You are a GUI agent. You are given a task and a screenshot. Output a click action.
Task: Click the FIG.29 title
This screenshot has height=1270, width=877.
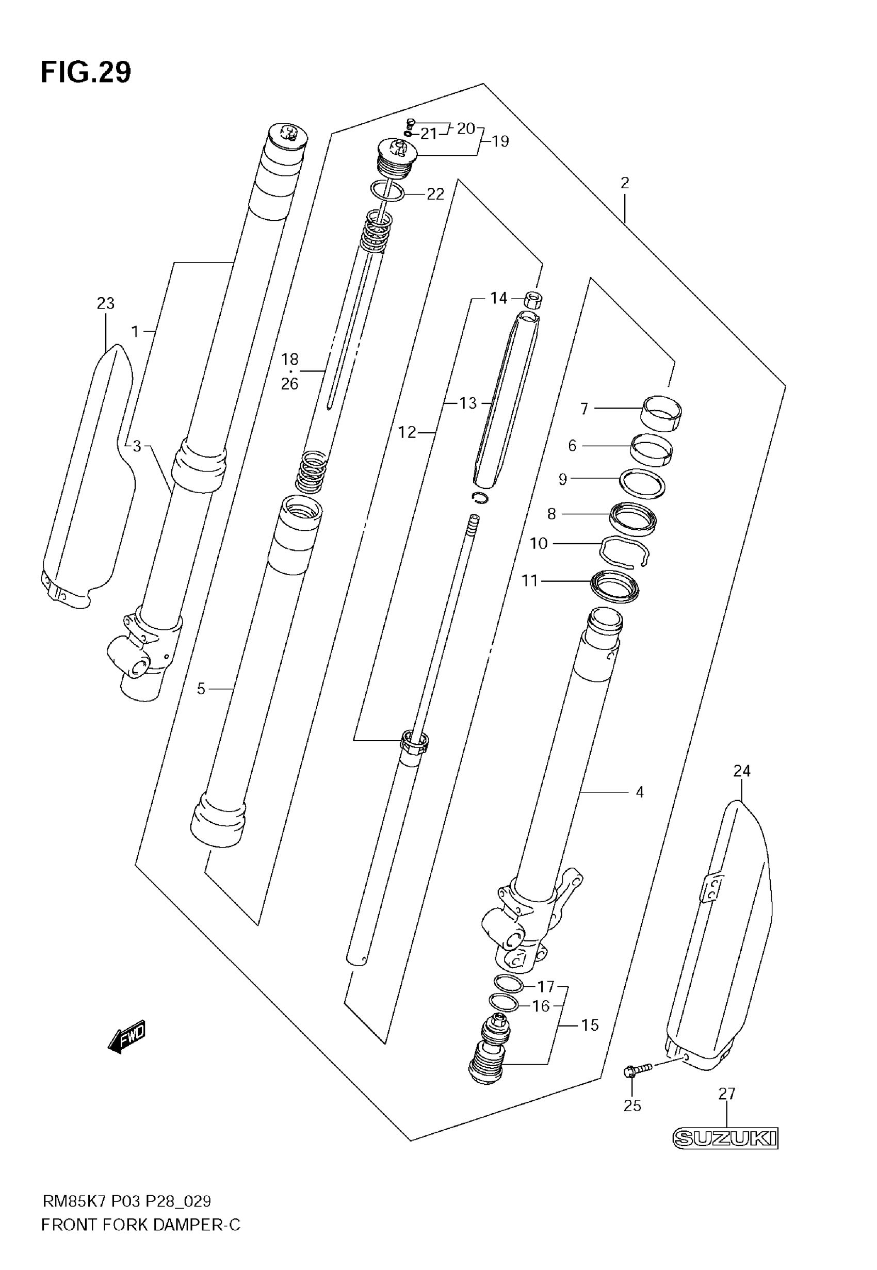click(x=86, y=73)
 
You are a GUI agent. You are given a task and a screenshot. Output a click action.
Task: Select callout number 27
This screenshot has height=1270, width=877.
click(x=726, y=1094)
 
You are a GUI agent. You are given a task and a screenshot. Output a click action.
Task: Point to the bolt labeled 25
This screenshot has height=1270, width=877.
click(x=638, y=1069)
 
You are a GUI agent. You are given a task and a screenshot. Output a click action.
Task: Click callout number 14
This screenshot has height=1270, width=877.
click(x=498, y=298)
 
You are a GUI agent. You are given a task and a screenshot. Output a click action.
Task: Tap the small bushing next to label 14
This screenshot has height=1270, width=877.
click(x=532, y=300)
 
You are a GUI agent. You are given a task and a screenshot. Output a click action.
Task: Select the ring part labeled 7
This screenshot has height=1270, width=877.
click(x=661, y=412)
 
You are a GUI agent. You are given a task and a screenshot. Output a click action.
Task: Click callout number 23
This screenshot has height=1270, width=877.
click(x=106, y=303)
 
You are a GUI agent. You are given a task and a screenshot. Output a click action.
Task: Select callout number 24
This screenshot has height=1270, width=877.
click(x=741, y=771)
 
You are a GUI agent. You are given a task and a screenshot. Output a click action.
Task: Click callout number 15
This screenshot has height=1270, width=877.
click(x=590, y=1025)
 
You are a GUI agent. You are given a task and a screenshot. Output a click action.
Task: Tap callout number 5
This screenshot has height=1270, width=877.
click(x=201, y=688)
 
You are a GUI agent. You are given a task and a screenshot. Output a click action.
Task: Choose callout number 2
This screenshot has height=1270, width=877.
click(x=624, y=183)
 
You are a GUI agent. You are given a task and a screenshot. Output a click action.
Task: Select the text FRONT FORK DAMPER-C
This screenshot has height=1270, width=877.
click(x=141, y=1225)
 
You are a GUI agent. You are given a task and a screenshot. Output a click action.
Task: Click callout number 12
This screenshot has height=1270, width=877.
click(x=407, y=433)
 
